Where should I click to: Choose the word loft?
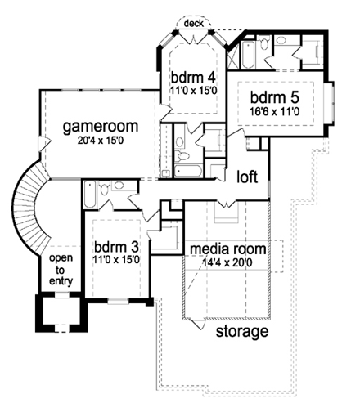click(248, 177)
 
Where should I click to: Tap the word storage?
click(241, 332)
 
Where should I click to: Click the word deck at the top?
click(194, 23)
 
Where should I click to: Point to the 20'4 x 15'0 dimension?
click(99, 141)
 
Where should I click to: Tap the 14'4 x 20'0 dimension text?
click(229, 262)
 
